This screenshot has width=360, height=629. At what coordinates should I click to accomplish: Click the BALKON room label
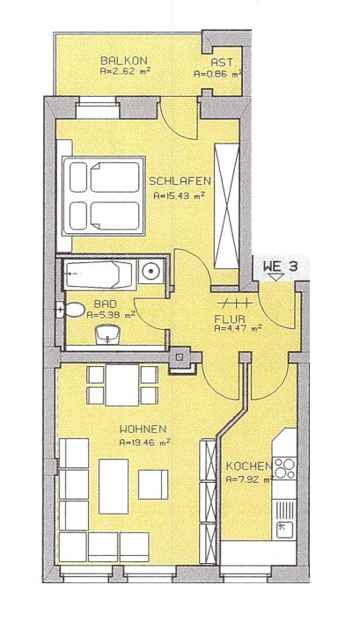118,60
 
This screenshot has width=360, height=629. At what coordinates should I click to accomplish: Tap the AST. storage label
223,62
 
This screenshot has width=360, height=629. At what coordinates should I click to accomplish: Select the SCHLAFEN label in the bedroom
178,182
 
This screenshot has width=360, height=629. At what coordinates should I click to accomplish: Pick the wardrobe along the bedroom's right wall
227,205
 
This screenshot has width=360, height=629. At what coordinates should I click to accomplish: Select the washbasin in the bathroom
108,333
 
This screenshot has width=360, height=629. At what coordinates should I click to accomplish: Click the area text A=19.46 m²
144,444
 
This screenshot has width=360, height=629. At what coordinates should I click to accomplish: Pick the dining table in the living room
122,385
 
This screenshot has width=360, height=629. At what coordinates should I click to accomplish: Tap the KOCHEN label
247,466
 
